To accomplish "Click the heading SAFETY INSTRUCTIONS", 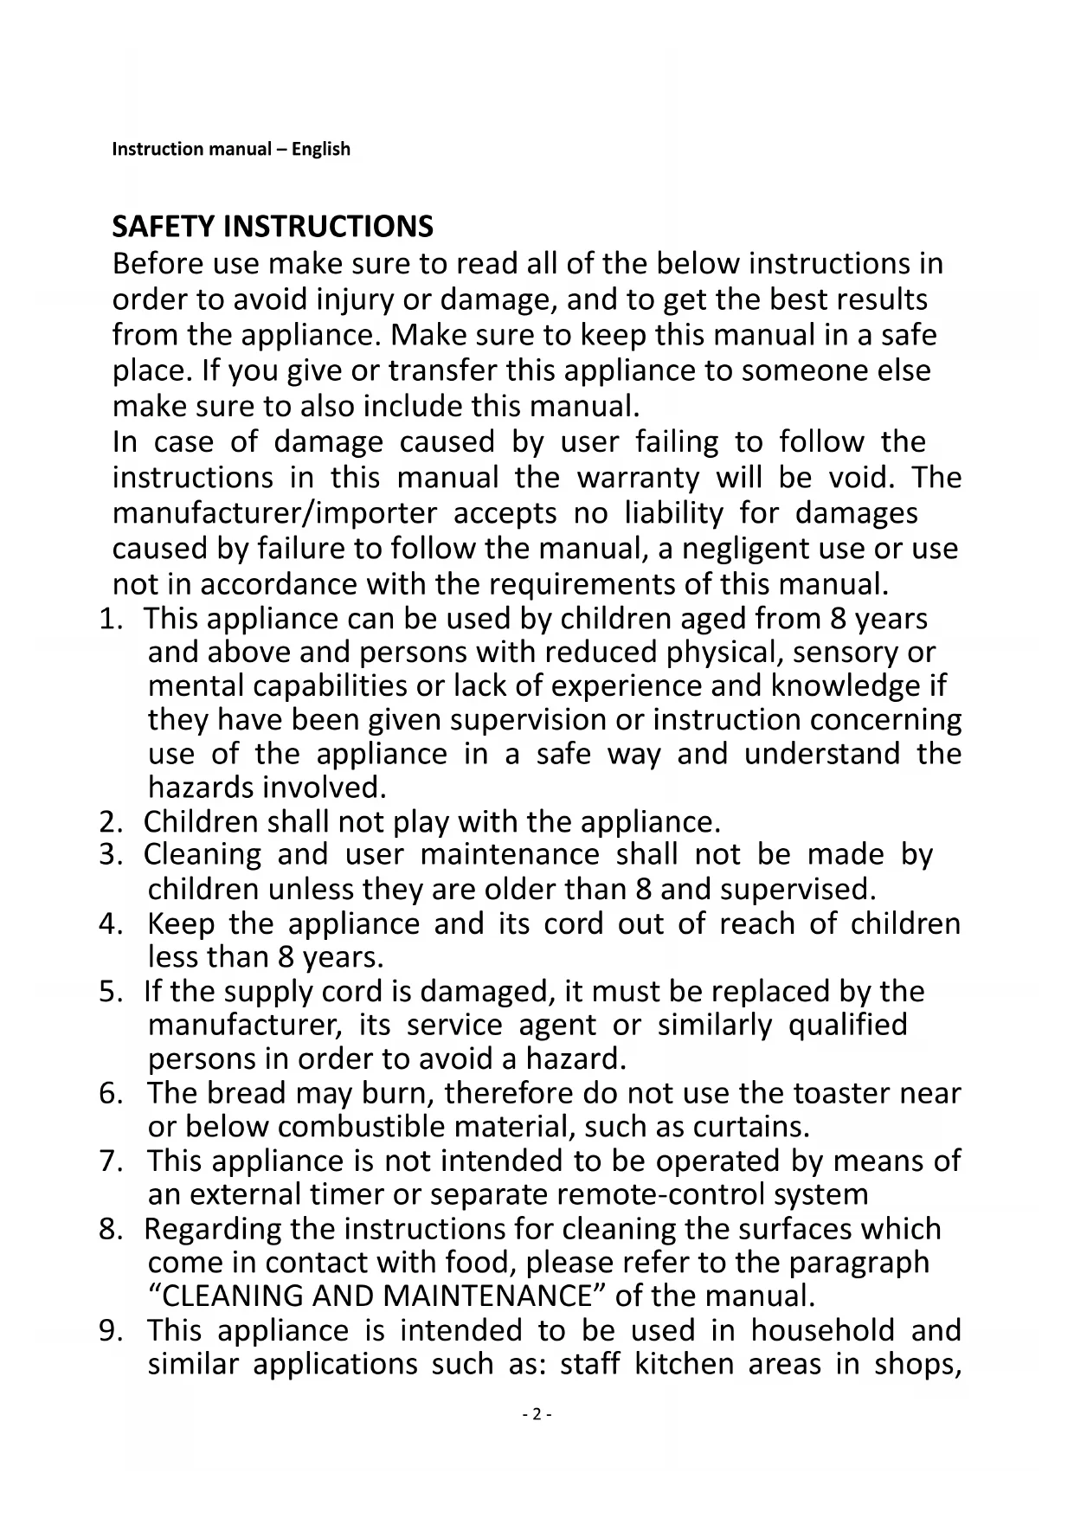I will pos(273,227).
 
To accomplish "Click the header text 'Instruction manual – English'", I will pos(231,149).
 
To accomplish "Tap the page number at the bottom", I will pos(537,1414).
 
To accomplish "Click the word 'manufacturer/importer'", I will pos(274,513).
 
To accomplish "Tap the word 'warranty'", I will pos(638,478).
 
